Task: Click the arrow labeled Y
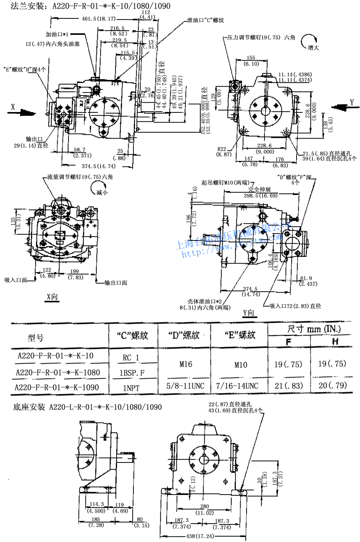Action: point(340,107)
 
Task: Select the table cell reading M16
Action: point(186,364)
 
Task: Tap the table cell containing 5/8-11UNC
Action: point(185,386)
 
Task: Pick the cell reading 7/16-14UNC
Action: point(237,386)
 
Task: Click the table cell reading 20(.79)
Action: point(332,385)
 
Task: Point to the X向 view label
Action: point(52,297)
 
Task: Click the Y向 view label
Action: point(248,313)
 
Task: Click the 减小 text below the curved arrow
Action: point(102,192)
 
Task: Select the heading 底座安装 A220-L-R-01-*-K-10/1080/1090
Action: point(87,407)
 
